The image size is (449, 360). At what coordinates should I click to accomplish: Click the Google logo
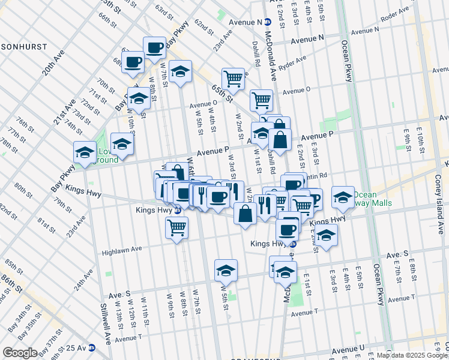tap(19, 352)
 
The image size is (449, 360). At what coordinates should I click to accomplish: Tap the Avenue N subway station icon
tap(268, 22)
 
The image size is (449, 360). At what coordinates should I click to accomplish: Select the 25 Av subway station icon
tap(92, 348)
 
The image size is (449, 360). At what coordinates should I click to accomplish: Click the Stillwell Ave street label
tap(106, 322)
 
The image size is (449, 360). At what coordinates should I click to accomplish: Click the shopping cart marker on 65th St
tap(233, 78)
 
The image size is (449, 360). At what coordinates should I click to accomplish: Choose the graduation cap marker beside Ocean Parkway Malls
tap(343, 197)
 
